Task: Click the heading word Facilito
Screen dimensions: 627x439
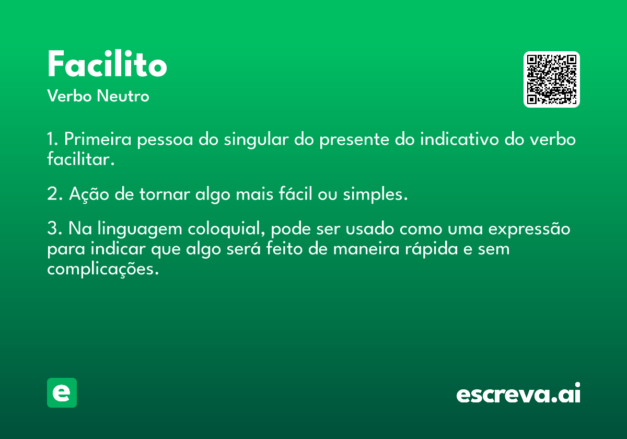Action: (107, 64)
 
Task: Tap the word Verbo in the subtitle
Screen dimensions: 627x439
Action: (69, 96)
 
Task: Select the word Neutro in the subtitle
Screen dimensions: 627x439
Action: (123, 96)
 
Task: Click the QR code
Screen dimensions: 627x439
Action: (551, 79)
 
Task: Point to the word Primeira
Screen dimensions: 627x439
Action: (98, 139)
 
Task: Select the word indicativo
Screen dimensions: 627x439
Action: (459, 139)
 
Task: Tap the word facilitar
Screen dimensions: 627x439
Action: (80, 159)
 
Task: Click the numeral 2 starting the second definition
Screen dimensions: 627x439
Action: (52, 194)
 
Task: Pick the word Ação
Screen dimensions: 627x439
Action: (89, 194)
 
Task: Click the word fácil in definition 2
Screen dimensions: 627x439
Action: (295, 193)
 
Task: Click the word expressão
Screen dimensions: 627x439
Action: (529, 229)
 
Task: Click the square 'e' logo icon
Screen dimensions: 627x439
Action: (62, 392)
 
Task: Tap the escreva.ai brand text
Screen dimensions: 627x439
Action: (518, 393)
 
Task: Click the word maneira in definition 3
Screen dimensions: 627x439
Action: (366, 249)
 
